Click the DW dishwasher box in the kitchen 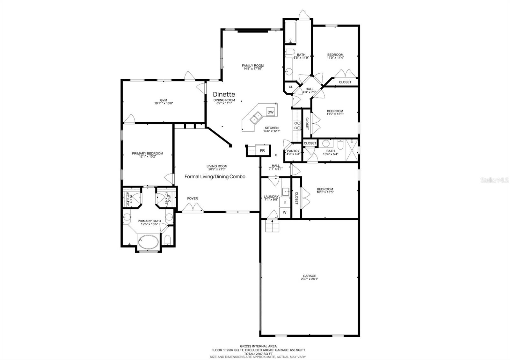point(270,112)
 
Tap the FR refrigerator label point(262,151)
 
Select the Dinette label point(224,94)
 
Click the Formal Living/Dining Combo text point(215,176)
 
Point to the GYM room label point(164,100)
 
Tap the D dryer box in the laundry point(285,202)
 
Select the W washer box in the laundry point(285,212)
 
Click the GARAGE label point(310,276)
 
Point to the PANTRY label point(293,151)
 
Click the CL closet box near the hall point(291,87)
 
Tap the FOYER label point(192,198)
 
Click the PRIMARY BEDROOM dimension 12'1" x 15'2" point(147,157)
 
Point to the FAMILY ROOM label point(252,66)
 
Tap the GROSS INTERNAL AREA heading point(258,346)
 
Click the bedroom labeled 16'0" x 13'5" point(325,191)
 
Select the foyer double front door point(193,208)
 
